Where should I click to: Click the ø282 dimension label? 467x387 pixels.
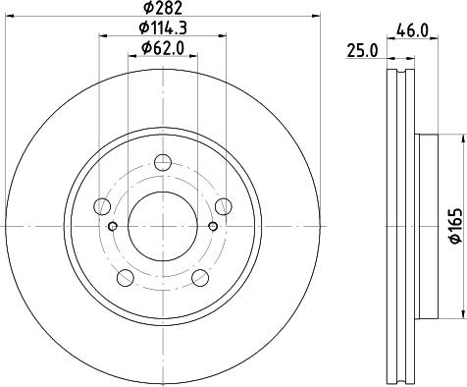163,8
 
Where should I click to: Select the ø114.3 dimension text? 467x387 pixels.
163,28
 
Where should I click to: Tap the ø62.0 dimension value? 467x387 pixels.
163,48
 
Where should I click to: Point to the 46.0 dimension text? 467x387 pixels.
412,31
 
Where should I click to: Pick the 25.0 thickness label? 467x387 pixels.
362,51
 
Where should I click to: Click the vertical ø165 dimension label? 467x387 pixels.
456,226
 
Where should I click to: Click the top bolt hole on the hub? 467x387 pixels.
163,162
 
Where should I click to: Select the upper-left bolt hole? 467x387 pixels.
102,206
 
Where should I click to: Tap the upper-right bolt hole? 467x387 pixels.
224,206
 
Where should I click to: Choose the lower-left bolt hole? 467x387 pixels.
126,278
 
